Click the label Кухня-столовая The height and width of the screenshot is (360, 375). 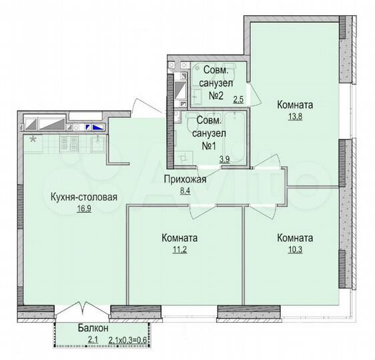click(x=84, y=197)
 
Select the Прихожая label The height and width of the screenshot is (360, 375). click(x=185, y=179)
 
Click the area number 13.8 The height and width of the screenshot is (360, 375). click(x=294, y=117)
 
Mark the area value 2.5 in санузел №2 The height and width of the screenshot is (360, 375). click(x=238, y=101)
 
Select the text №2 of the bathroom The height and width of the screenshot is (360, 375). click(x=214, y=95)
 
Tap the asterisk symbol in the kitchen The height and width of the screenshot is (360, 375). click(x=33, y=139)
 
